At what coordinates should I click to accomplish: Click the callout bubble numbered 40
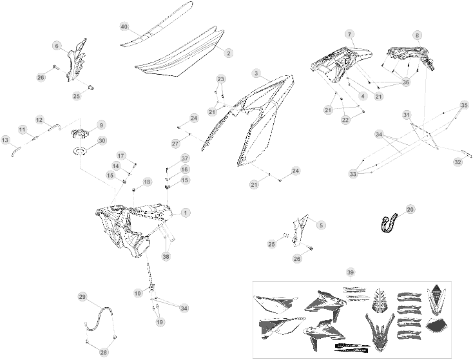click(x=124, y=26)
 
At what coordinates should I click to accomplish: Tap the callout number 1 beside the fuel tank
click(x=186, y=213)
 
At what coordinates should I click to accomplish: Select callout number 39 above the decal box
click(x=350, y=273)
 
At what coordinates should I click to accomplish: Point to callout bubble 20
click(x=410, y=209)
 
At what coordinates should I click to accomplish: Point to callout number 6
click(x=57, y=46)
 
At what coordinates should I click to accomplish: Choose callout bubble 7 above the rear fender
click(x=350, y=34)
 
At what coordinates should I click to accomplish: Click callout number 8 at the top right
click(x=418, y=35)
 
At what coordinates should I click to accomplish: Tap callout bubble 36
click(x=406, y=82)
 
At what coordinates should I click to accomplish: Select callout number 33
click(x=353, y=174)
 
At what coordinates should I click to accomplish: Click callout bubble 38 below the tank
click(x=166, y=256)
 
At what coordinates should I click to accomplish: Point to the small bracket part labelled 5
click(x=300, y=229)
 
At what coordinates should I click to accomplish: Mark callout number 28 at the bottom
click(x=104, y=352)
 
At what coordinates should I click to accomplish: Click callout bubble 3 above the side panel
click(x=256, y=73)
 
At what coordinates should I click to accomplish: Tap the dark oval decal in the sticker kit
click(x=436, y=326)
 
